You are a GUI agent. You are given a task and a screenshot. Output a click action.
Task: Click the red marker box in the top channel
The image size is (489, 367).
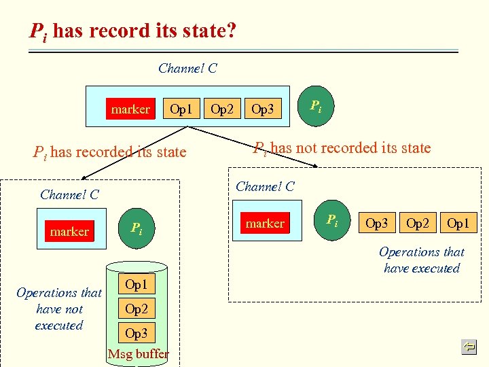click(131, 109)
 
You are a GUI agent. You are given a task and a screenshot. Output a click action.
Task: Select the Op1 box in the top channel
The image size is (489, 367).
click(181, 108)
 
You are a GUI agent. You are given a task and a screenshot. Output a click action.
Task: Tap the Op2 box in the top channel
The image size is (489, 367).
click(222, 108)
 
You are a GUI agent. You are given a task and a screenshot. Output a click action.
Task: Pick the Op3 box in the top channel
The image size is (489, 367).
click(263, 108)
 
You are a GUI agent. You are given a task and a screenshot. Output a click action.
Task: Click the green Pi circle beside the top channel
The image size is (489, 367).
click(316, 106)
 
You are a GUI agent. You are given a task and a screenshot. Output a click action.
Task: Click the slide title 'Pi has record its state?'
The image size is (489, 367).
click(132, 31)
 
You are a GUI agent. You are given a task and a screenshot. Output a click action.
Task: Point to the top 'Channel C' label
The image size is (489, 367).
click(187, 68)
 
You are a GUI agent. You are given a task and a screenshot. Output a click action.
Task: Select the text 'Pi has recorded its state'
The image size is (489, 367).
click(110, 152)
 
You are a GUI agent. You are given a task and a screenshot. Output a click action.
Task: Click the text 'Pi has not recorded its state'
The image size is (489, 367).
click(342, 147)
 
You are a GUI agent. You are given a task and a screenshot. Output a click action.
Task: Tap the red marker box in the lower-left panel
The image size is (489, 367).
click(69, 231)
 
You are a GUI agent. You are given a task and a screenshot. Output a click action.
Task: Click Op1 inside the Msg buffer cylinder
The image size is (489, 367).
click(136, 285)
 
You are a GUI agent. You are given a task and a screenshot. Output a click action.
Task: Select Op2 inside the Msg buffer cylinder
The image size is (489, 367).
click(136, 309)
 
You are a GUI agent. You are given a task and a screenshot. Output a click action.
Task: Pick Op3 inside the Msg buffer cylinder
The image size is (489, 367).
click(136, 333)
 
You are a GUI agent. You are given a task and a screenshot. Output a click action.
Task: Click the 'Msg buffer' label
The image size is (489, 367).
click(138, 353)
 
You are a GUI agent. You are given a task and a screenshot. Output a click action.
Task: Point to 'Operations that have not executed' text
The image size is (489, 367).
click(59, 309)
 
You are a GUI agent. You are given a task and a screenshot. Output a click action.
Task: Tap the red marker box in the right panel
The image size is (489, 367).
click(265, 223)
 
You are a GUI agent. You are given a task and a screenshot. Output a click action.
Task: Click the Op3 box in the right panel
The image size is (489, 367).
click(377, 222)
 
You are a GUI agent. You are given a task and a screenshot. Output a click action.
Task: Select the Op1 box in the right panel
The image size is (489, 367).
click(458, 222)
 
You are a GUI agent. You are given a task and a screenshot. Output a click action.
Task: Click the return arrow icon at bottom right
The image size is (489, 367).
click(469, 347)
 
